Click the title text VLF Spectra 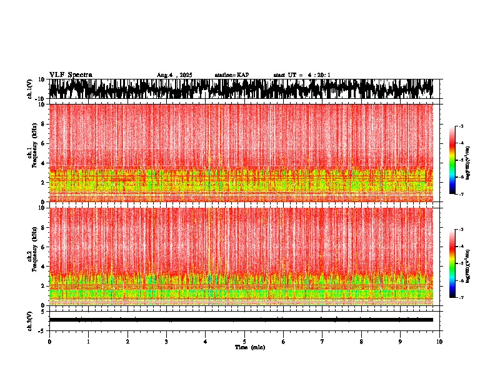pos(71,74)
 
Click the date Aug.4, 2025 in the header pos(174,75)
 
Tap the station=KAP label pos(231,75)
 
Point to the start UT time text pos(302,75)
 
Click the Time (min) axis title pos(249,347)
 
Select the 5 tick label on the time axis pos(244,342)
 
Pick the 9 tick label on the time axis pos(401,342)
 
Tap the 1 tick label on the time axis pos(88,342)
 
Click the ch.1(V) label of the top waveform pos(29,89)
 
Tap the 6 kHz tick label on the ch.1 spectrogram pos(42,143)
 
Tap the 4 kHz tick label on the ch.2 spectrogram pos(42,266)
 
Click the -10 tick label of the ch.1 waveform pos(39,99)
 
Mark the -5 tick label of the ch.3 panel pos(41,330)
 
